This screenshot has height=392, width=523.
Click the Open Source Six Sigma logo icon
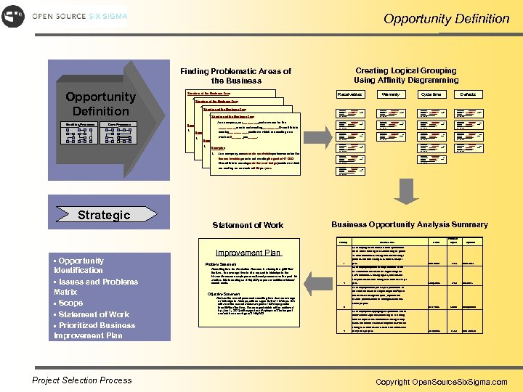(12, 16)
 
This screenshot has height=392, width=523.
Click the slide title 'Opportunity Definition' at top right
(446, 19)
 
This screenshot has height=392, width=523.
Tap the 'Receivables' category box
(350, 94)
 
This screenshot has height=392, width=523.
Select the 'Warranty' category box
(390, 94)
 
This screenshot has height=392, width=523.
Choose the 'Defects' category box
(468, 94)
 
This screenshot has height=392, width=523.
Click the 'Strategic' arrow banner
(105, 214)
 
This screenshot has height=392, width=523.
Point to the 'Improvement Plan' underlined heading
(248, 253)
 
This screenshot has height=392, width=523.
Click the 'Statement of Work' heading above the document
(248, 225)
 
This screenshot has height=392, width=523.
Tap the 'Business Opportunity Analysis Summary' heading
(409, 225)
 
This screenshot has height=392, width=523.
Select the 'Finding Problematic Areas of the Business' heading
(235, 75)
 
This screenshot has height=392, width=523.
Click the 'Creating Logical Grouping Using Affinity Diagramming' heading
(406, 75)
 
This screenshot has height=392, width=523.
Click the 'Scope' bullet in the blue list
(70, 303)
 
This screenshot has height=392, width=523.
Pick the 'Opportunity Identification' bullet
(79, 265)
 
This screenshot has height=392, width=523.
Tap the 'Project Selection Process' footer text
(82, 380)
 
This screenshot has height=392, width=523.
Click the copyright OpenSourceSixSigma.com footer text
(441, 382)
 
